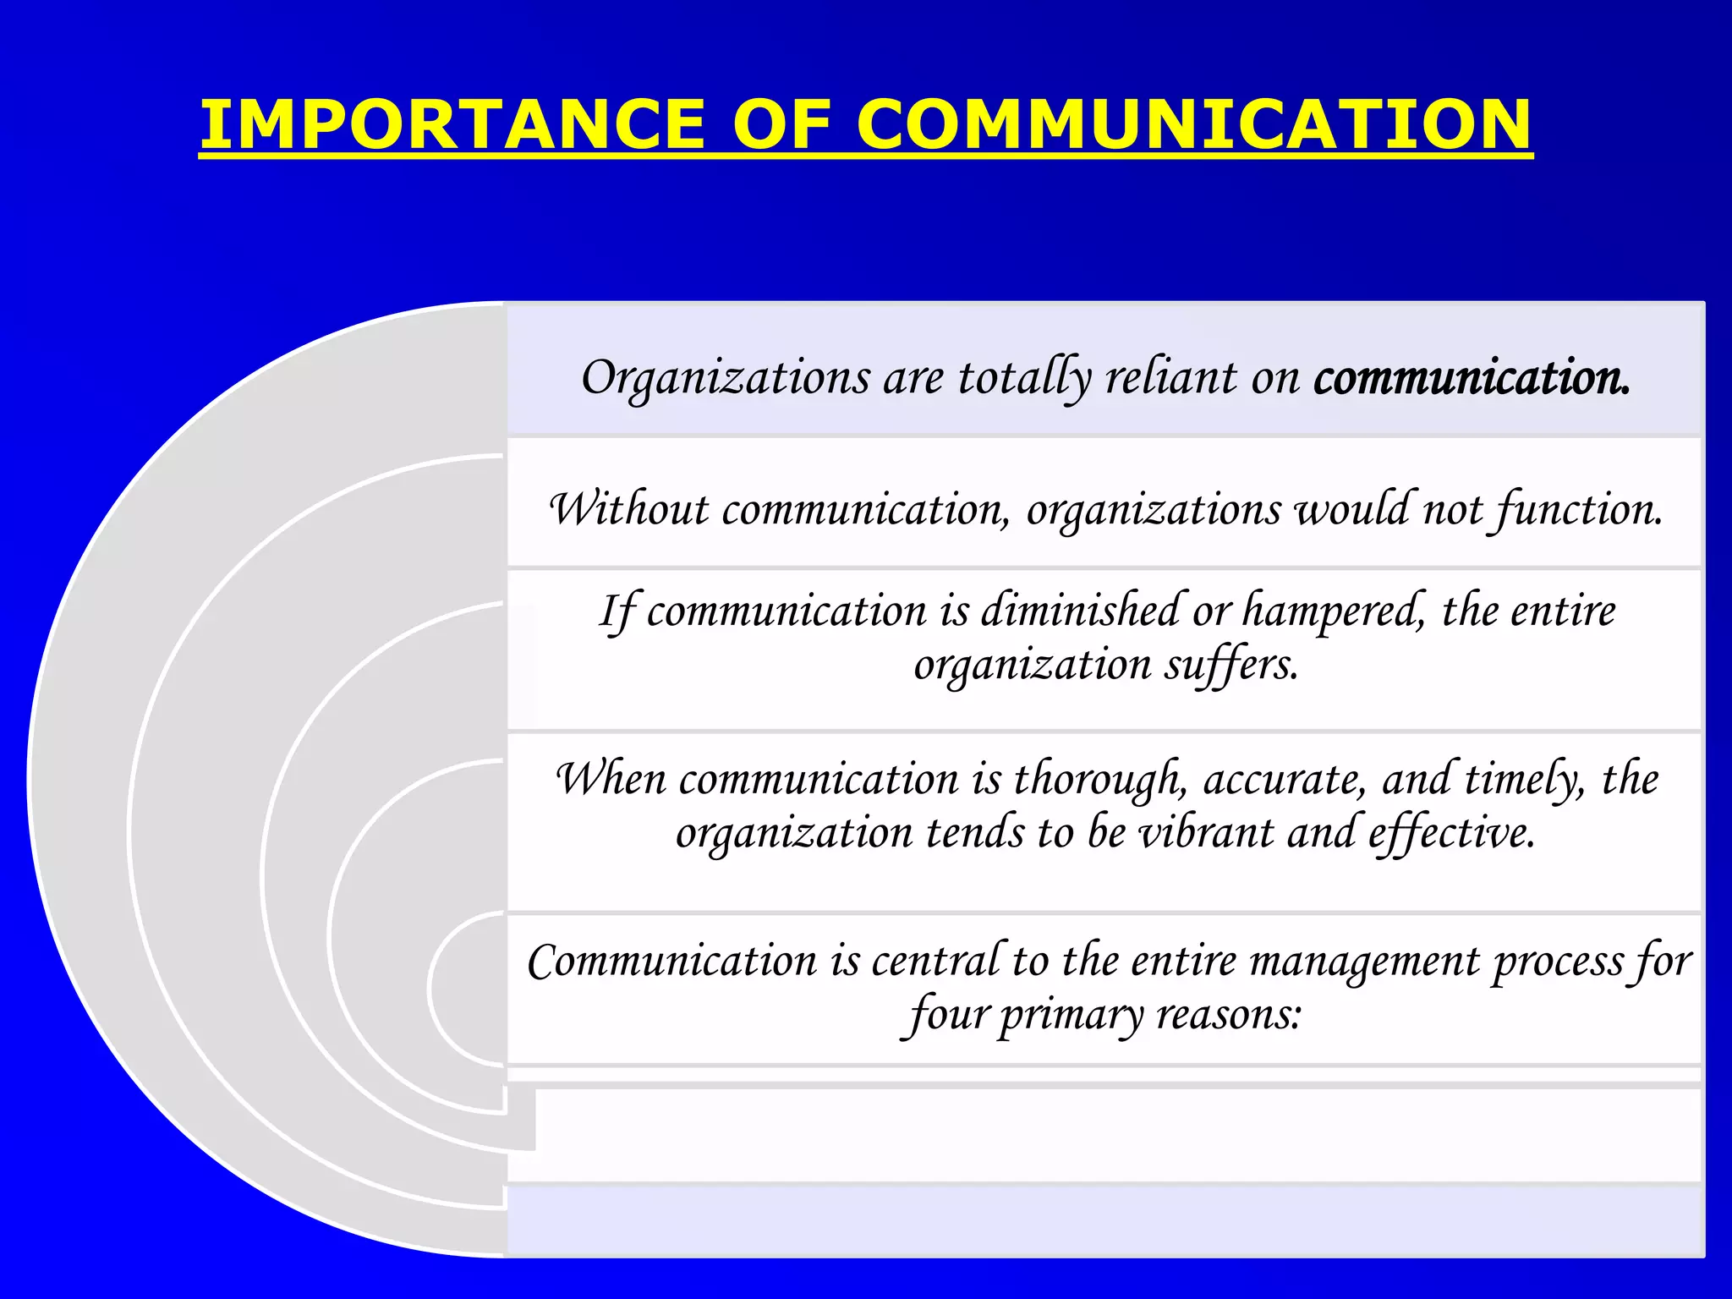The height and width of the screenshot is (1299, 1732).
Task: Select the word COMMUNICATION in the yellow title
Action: pos(1193,124)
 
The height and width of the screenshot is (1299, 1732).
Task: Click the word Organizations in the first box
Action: pos(725,377)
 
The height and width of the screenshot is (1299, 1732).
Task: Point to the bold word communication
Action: pos(1471,377)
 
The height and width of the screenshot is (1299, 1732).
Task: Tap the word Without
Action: pos(629,509)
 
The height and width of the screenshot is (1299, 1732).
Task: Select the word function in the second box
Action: pos(1578,509)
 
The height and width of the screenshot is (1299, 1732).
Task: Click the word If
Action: pos(617,611)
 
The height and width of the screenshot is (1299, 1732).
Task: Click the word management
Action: pos(1365,961)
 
